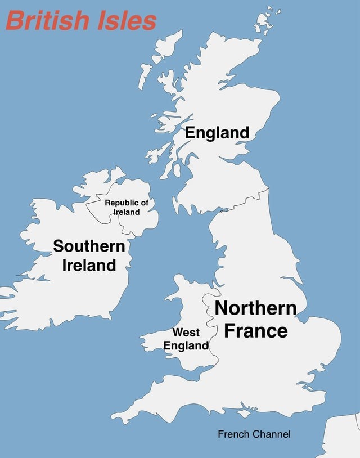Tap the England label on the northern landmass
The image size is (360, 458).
217,133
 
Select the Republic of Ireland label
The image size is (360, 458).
127,207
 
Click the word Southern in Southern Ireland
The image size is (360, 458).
89,246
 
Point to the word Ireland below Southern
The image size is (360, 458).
89,265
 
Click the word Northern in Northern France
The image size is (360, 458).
255,308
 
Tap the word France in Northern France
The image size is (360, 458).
255,330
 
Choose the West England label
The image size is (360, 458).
186,339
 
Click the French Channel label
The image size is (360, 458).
254,434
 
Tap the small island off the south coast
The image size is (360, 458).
243,414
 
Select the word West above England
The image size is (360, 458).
186,332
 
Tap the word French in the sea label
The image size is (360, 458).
234,434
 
